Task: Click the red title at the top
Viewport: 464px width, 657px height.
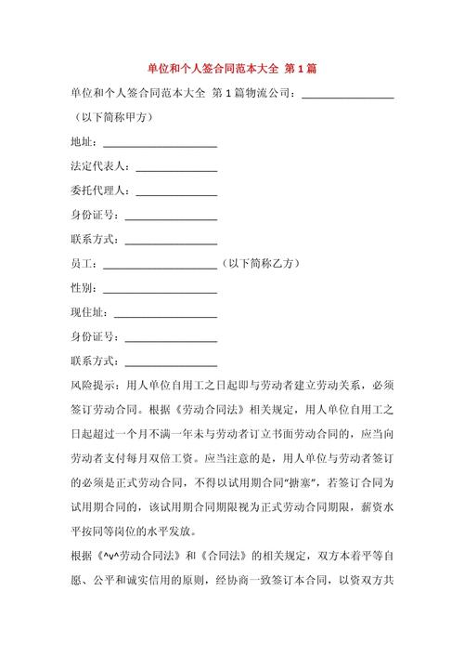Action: click(232, 70)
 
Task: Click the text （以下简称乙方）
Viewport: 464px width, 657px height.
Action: click(262, 264)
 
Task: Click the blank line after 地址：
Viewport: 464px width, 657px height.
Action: click(160, 142)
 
